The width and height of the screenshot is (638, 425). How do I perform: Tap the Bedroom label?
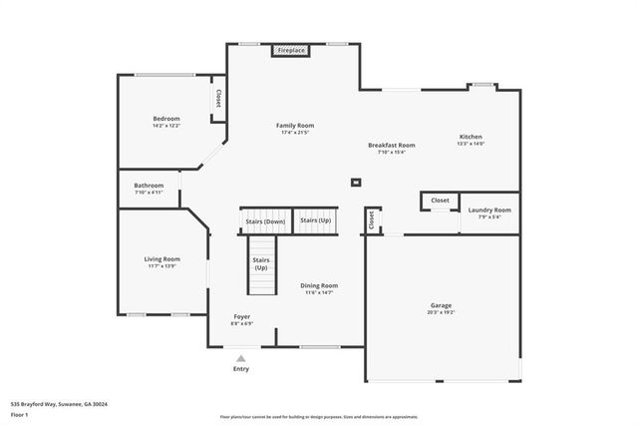pyautogui.click(x=165, y=119)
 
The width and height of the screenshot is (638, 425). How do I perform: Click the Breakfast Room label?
pyautogui.click(x=391, y=145)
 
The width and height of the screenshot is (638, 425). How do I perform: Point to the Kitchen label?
pyautogui.click(x=471, y=137)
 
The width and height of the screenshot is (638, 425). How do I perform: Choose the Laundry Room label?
pyautogui.click(x=489, y=210)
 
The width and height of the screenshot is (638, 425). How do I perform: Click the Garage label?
pyautogui.click(x=441, y=305)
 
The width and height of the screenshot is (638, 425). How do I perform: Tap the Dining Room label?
pyautogui.click(x=319, y=285)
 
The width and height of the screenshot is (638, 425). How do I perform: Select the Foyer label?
pyautogui.click(x=242, y=316)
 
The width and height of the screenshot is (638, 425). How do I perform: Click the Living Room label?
pyautogui.click(x=161, y=259)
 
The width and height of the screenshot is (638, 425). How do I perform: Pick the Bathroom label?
pyautogui.click(x=149, y=185)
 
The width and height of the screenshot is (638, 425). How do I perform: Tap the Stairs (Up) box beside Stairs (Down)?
pyautogui.click(x=316, y=220)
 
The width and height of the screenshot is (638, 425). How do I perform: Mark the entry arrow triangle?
pyautogui.click(x=240, y=357)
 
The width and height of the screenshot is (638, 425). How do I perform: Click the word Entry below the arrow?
pyautogui.click(x=241, y=369)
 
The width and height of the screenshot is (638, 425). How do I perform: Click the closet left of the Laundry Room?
pyautogui.click(x=440, y=201)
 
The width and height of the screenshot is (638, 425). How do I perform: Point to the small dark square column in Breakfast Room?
pyautogui.click(x=355, y=182)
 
